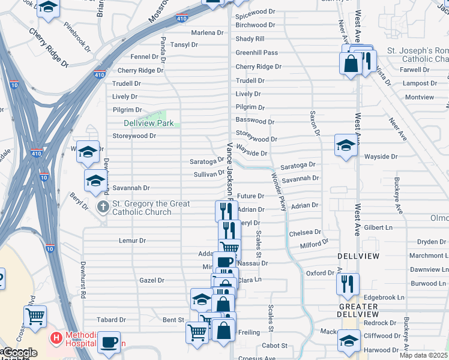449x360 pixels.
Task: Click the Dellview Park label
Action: tap(148, 123)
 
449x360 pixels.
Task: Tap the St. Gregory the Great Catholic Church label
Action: tap(149, 208)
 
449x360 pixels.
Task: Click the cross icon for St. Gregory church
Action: tap(103, 207)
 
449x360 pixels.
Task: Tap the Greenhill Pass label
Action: tap(256, 53)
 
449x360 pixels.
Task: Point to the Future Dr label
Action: tap(250, 196)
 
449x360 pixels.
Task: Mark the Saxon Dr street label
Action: tap(313, 122)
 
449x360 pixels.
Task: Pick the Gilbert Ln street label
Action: tap(378, 228)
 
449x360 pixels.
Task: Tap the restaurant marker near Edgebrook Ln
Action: tap(348, 284)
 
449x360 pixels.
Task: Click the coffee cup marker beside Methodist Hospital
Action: tap(109, 341)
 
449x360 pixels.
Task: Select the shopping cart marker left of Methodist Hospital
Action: tap(35, 315)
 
